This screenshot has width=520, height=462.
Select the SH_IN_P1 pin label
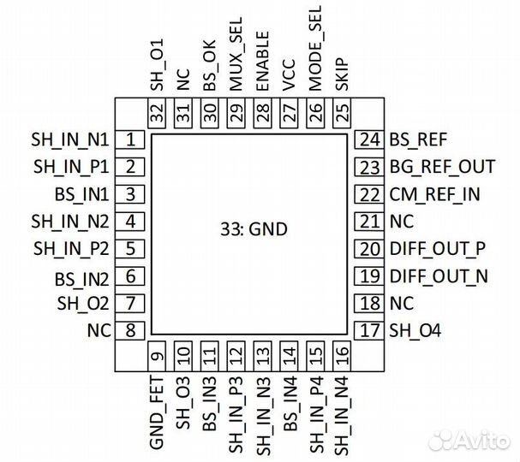(x=71, y=167)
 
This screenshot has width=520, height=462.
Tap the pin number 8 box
(x=131, y=331)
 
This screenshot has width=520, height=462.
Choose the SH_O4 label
(x=415, y=331)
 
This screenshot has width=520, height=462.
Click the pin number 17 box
(x=369, y=331)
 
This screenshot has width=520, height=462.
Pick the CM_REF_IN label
(x=434, y=194)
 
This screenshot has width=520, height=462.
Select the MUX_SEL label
(x=236, y=57)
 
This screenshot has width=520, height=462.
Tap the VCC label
(x=289, y=75)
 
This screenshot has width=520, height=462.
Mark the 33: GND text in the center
(x=250, y=229)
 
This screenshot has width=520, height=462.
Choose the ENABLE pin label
(x=262, y=61)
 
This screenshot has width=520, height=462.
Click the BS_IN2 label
(x=81, y=277)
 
